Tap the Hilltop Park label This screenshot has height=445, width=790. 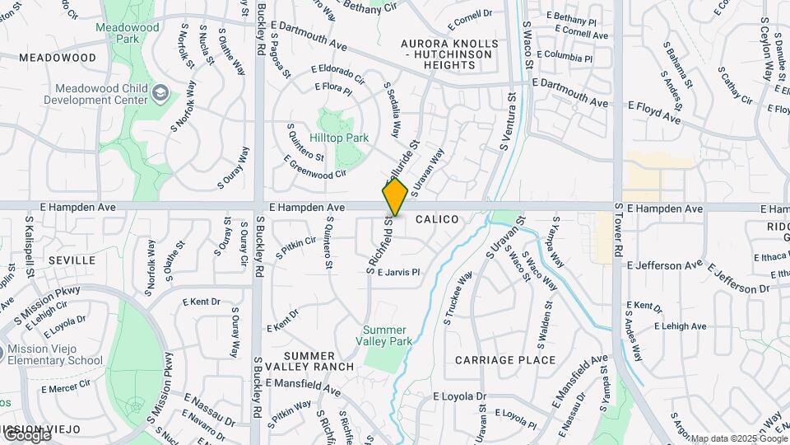coord(339,138)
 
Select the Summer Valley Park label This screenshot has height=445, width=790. coord(387,335)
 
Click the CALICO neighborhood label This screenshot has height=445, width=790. coord(436,219)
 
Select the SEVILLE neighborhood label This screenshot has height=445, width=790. coord(72,260)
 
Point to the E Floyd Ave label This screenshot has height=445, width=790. coord(654,113)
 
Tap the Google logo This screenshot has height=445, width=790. coord(26,434)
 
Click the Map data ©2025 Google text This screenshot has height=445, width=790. coord(738,438)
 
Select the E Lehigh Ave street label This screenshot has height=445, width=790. coord(680,326)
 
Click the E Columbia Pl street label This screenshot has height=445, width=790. coord(564,59)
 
